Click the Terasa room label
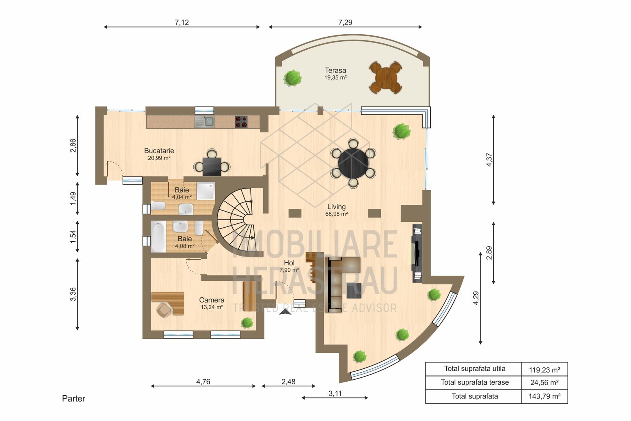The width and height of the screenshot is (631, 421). tap(335, 71)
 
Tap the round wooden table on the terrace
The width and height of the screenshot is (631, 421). tap(385, 78)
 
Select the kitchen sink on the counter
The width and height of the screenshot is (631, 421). tap(205, 122)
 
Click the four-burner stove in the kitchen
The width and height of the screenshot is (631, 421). tap(241, 122)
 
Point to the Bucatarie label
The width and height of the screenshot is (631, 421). tap(159, 151)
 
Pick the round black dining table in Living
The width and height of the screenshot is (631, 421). tap(353, 163)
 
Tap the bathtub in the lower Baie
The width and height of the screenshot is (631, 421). tap(158, 237)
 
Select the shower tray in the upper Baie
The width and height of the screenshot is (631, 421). tap(205, 191)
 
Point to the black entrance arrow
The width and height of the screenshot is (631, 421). tap(285, 310)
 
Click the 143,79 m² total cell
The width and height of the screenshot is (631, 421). tap(544, 396)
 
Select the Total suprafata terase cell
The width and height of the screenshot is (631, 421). tap(474, 382)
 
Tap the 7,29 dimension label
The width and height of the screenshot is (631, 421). tap(345, 22)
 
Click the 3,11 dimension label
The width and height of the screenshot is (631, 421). tap(335, 393)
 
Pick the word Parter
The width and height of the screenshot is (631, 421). tap(73, 398)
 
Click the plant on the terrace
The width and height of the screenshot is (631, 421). tap(292, 78)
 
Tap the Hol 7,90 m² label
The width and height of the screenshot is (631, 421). tap(289, 266)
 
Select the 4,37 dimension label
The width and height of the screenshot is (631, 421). tap(489, 160)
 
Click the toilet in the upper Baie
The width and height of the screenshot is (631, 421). tap(158, 205)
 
